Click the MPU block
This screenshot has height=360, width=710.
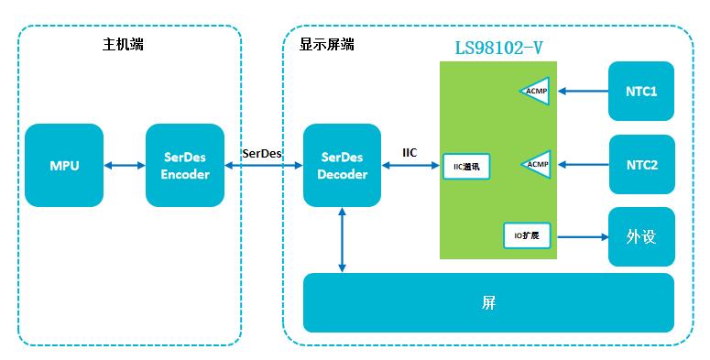(x=64, y=165)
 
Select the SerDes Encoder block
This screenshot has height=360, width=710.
(x=185, y=165)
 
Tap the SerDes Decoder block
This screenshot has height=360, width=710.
(x=342, y=165)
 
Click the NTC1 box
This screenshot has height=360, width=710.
(x=641, y=91)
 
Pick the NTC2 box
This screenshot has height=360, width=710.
(x=641, y=164)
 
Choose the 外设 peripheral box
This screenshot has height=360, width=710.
(x=641, y=237)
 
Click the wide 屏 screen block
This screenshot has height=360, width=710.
(x=488, y=302)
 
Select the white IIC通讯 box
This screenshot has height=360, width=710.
(x=466, y=167)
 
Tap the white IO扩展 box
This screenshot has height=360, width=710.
(x=527, y=235)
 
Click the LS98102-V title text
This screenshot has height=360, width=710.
(x=498, y=48)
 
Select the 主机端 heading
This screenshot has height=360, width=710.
(x=123, y=44)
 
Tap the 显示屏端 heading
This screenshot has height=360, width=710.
(x=326, y=44)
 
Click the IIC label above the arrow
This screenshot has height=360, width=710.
(x=410, y=153)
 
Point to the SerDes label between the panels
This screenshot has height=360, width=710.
(x=262, y=153)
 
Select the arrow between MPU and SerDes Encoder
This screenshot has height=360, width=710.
(x=125, y=166)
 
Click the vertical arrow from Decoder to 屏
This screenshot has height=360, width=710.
(x=342, y=240)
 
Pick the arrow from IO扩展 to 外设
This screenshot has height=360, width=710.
(x=583, y=237)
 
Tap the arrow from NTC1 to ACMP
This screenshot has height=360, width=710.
(x=583, y=91)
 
